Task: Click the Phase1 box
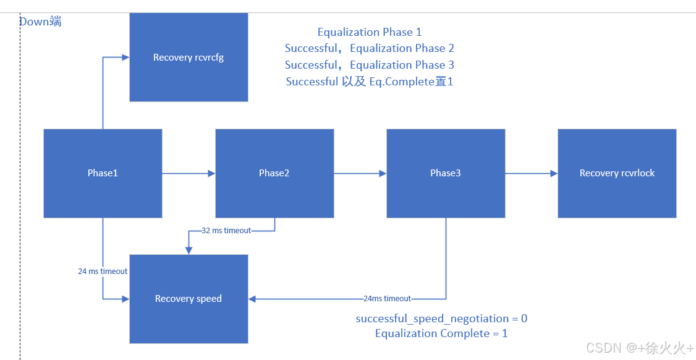103,173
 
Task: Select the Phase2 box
274,173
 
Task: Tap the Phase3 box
446,173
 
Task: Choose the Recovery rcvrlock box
617,173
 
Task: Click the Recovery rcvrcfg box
189,58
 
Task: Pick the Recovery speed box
189,299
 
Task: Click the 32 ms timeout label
227,231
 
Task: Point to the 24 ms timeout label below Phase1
103,272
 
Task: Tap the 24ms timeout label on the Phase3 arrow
388,299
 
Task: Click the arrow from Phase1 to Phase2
189,173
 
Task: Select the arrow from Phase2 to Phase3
360,173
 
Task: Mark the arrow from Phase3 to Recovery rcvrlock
532,173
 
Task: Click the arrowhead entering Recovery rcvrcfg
125,58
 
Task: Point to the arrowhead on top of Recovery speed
189,251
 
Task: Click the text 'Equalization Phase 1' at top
370,32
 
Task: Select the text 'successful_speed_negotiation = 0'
441,319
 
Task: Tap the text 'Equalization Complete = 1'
441,333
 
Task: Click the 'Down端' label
41,22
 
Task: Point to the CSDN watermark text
640,348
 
